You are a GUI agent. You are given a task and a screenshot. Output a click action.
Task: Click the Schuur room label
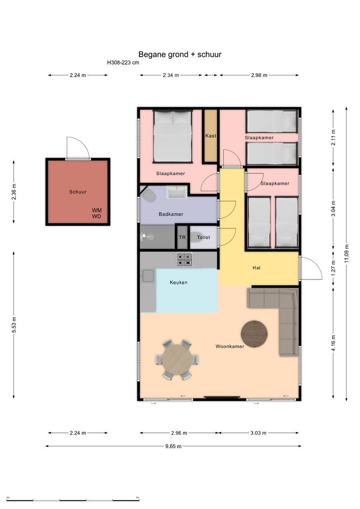click(x=78, y=192)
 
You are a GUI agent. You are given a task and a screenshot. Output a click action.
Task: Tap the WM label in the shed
click(x=96, y=210)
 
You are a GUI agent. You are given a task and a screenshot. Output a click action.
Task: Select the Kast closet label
click(x=210, y=136)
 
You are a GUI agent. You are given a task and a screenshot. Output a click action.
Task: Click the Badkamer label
click(x=171, y=214)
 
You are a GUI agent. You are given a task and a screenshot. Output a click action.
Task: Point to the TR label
click(x=182, y=238)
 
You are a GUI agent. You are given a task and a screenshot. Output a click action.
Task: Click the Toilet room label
click(x=204, y=238)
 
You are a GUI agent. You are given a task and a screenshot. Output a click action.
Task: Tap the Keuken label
click(x=179, y=283)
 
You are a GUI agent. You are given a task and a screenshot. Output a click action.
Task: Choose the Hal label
click(x=257, y=268)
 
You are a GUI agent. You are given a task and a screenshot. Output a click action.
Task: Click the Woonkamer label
click(x=230, y=346)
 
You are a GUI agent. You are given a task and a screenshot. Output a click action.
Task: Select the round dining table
click(x=177, y=359)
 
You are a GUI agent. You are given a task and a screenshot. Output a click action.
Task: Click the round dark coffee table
click(x=254, y=334)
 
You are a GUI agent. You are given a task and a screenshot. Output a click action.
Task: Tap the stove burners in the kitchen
click(x=185, y=259)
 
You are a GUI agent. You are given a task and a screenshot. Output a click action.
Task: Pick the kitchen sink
click(x=148, y=276)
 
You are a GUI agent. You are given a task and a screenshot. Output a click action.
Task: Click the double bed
click(x=173, y=136)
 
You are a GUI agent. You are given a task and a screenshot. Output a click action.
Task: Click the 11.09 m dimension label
click(x=347, y=254)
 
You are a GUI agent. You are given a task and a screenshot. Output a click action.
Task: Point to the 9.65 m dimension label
click(x=173, y=446)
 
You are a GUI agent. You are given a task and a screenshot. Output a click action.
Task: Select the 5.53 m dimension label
click(x=14, y=325)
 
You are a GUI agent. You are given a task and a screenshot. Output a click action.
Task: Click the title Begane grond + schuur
click(x=180, y=55)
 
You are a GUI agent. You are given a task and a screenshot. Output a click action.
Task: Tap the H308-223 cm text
click(x=123, y=63)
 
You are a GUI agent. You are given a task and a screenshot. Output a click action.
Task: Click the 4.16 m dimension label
click(x=333, y=343)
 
